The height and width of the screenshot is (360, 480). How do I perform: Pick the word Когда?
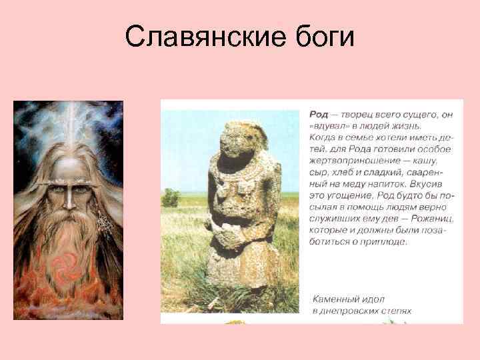click(x=324, y=137)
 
